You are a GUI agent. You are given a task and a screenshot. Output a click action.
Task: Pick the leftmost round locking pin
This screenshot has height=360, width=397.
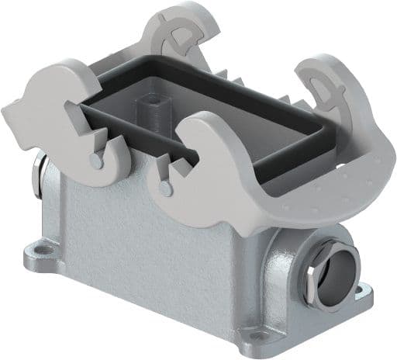[94, 160]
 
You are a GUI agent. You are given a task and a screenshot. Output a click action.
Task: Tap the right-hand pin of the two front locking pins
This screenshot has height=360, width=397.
[163, 187]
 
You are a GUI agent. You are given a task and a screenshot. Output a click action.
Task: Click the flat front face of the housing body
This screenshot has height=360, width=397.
[147, 248]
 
